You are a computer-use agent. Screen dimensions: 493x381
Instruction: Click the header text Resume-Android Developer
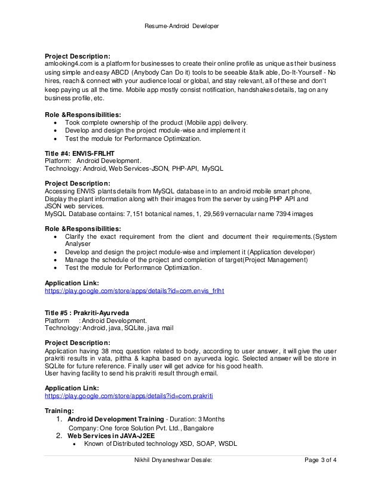click(x=190, y=26)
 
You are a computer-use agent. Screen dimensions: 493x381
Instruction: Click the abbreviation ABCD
click(x=129, y=73)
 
